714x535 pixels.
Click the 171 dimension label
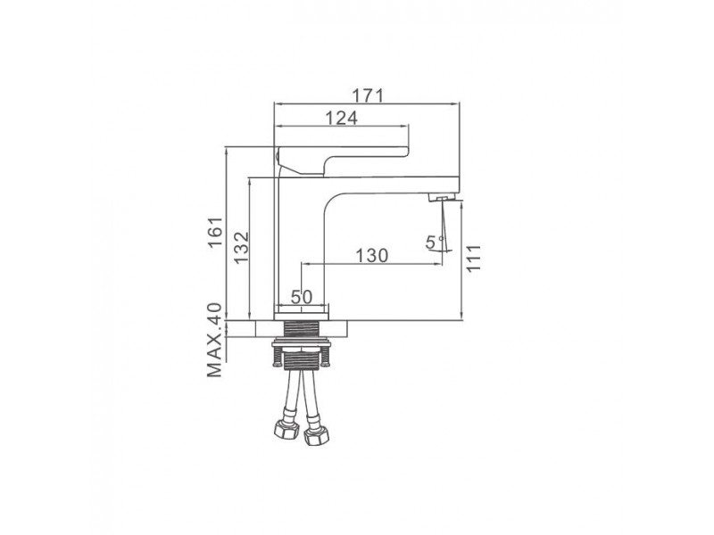point(368,95)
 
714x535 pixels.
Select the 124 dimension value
point(342,118)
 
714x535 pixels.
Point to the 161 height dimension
point(215,231)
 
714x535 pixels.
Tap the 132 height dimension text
point(242,247)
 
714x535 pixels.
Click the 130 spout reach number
point(371,256)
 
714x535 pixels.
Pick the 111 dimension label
point(473,258)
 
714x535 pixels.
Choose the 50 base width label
point(302,297)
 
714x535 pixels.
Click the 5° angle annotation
point(435,243)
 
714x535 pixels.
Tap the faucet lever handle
point(343,159)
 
